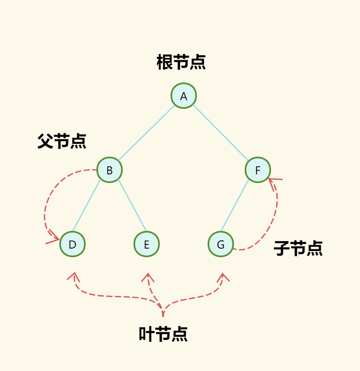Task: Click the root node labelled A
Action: [x=184, y=96]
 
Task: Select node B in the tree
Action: [x=110, y=170]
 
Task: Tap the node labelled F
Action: [x=258, y=170]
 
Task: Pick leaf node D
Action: [x=72, y=244]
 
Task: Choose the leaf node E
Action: [x=147, y=244]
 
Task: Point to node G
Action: [x=221, y=244]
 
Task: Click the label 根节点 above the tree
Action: [x=181, y=62]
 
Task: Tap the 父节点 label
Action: [x=62, y=141]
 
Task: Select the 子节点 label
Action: [x=298, y=248]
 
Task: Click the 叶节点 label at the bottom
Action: [x=163, y=334]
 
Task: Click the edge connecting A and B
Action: [x=146, y=133]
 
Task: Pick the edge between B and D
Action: [x=86, y=206]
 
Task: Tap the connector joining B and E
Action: [x=132, y=206]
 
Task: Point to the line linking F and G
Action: [x=235, y=206]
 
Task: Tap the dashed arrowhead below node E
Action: [x=148, y=277]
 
